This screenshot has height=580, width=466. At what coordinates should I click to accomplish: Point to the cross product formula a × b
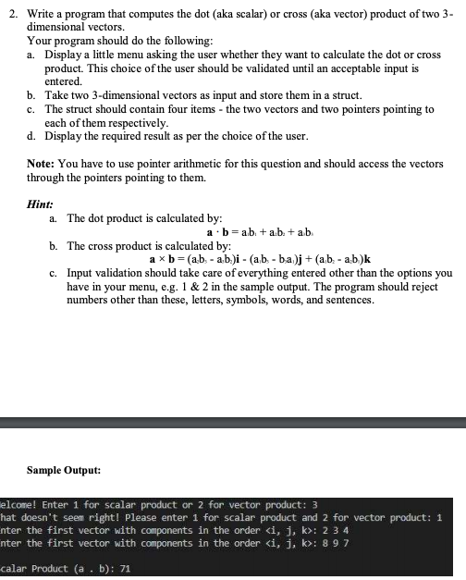click(x=164, y=260)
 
